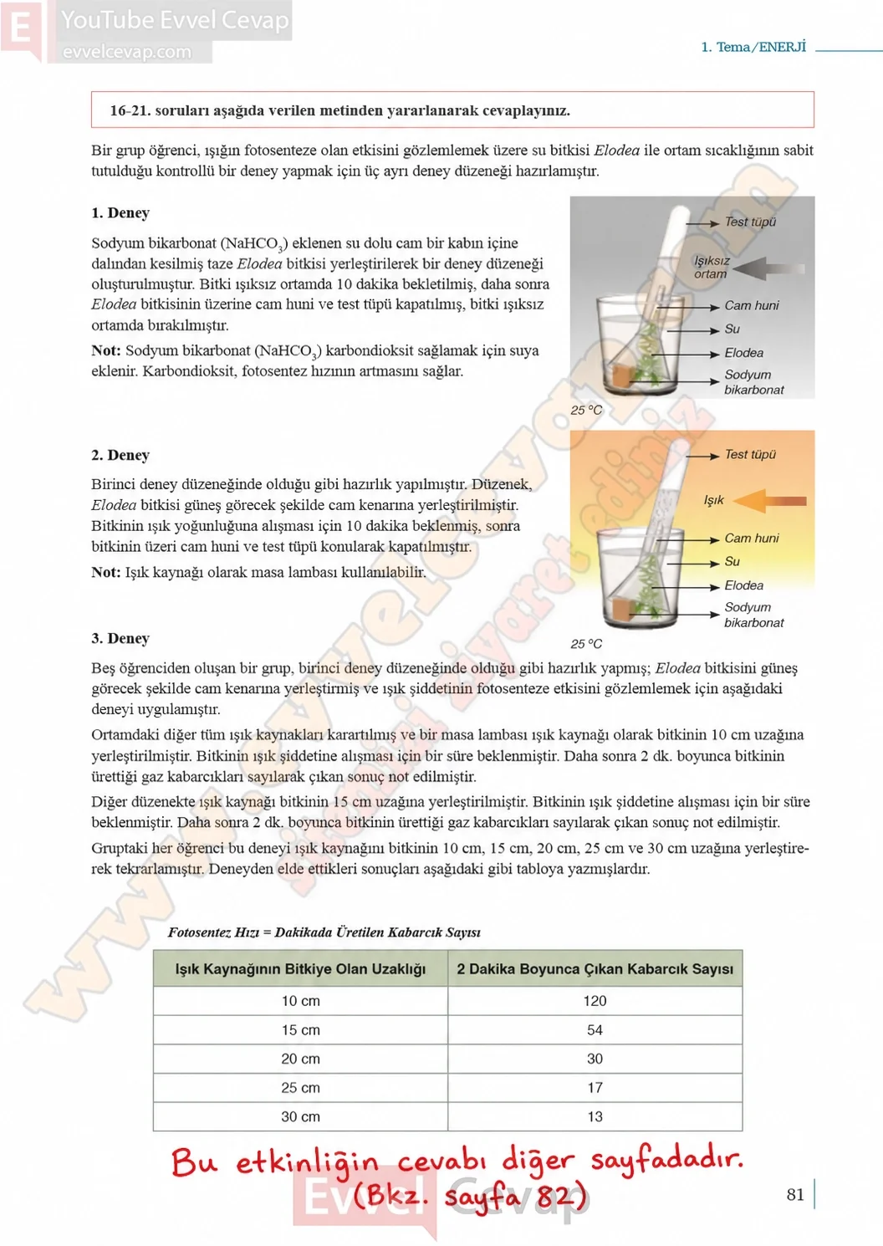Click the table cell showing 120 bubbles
pos(595,1001)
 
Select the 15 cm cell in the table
pos(300,1029)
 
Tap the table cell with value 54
pos(595,1029)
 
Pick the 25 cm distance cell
pos(300,1087)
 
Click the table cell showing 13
pos(595,1116)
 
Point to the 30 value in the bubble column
pos(595,1059)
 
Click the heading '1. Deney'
pos(120,213)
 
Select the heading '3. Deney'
pos(120,638)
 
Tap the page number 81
pos(795,1194)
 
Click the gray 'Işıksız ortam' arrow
pos(769,268)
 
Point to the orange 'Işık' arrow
pos(769,501)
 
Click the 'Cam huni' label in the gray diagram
pos(751,305)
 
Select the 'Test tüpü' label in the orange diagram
pos(750,454)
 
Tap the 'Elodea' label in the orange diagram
pos(743,585)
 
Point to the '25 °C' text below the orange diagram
pos(586,644)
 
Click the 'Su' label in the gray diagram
pos(732,329)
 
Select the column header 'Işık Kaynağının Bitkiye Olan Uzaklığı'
pos(300,969)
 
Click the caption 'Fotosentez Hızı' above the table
pos(213,933)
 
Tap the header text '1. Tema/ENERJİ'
pos(753,47)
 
